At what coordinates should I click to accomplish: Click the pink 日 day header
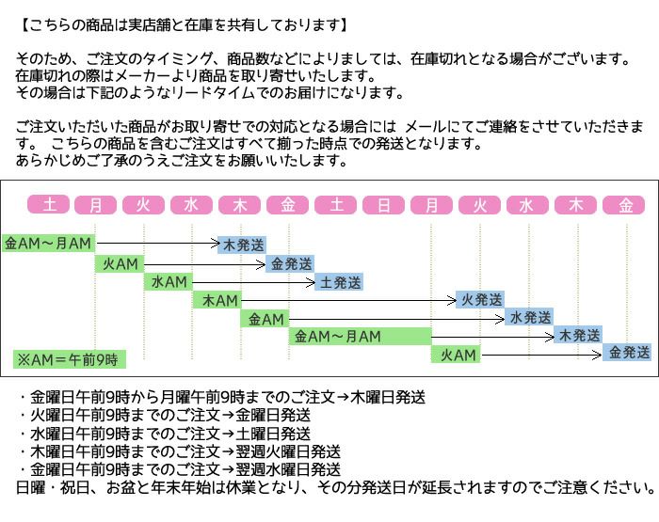tap(383, 204)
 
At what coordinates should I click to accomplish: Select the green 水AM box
tap(169, 282)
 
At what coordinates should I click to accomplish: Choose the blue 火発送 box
tap(481, 300)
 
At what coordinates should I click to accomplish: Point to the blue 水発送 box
tap(529, 318)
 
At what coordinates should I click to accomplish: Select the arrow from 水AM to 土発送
tap(253, 282)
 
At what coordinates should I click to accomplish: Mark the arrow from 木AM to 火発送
tap(348, 300)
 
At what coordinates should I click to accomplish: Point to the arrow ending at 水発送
tap(396, 319)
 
